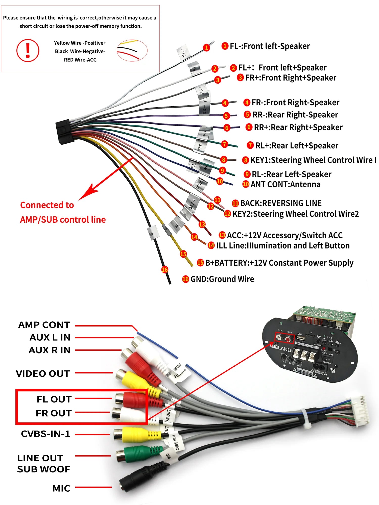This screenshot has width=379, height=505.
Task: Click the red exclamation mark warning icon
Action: pyautogui.click(x=28, y=50)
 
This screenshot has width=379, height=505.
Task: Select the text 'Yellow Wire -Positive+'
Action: pyautogui.click(x=80, y=43)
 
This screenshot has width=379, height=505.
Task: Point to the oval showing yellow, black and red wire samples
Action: pyautogui.click(x=132, y=50)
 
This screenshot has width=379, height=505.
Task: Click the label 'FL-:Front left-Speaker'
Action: pyautogui.click(x=269, y=46)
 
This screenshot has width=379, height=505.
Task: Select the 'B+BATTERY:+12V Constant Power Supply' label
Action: pyautogui.click(x=279, y=263)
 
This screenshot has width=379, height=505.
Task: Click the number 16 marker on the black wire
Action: pyautogui.click(x=165, y=270)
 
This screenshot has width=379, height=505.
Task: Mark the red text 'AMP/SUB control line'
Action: pyautogui.click(x=63, y=220)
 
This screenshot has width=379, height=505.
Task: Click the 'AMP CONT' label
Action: pyautogui.click(x=44, y=325)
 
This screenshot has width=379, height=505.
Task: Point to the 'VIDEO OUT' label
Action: pyautogui.click(x=43, y=374)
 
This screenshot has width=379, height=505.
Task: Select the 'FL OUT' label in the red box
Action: pyautogui.click(x=54, y=399)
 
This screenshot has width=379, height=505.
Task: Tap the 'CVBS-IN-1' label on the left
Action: pyautogui.click(x=45, y=434)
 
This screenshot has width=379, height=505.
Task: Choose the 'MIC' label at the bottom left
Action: pyautogui.click(x=61, y=488)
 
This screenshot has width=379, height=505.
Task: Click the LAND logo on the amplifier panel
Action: pyautogui.click(x=284, y=349)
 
